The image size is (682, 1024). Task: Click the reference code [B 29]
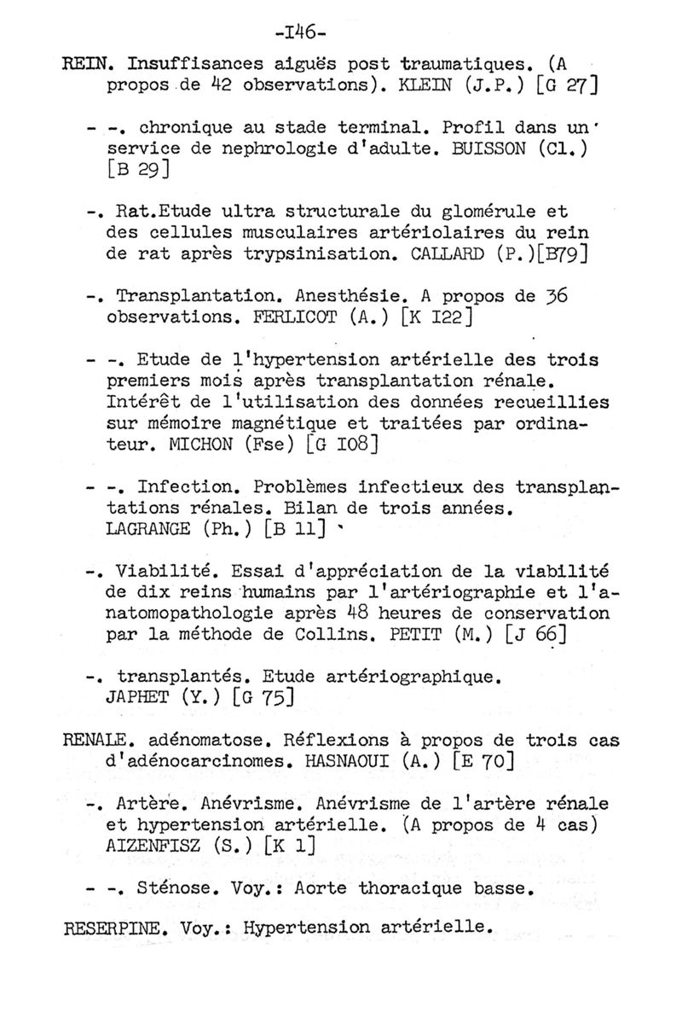tap(137, 170)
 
